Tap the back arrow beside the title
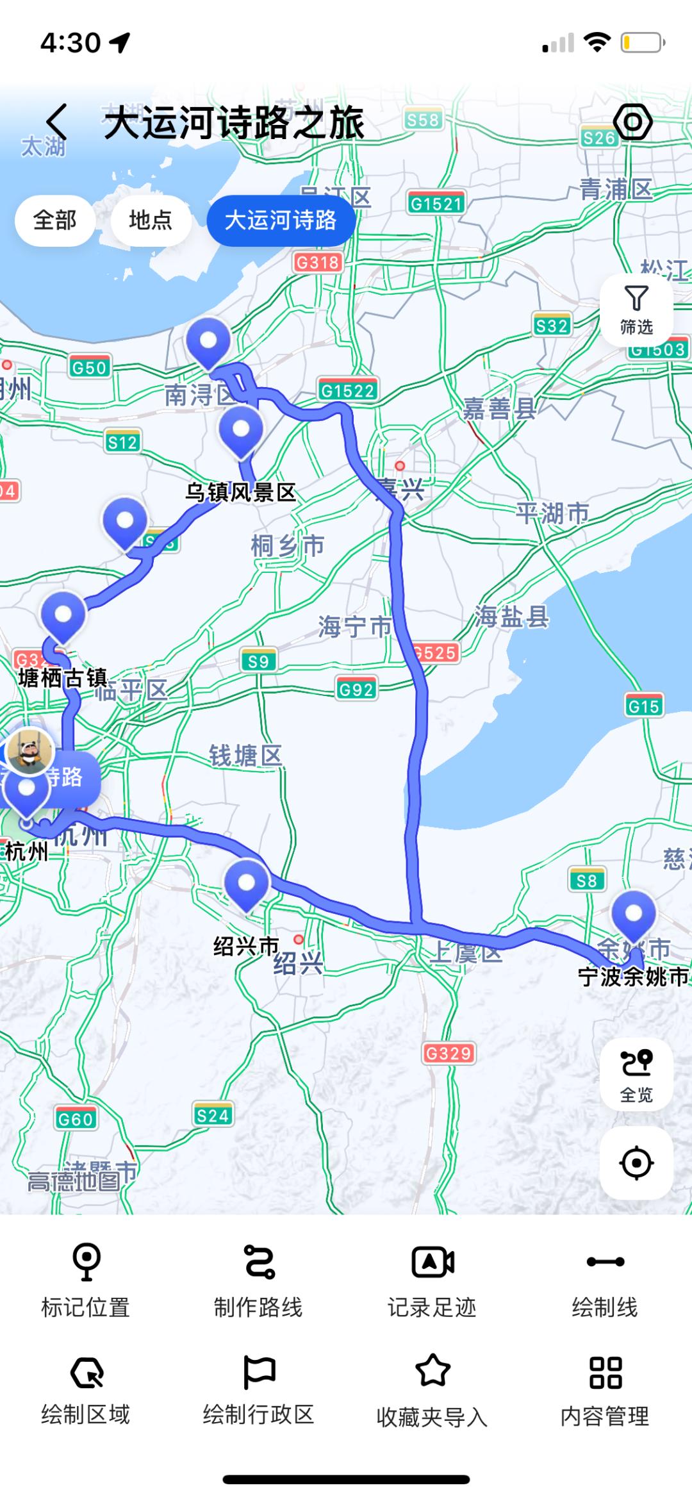pyautogui.click(x=56, y=122)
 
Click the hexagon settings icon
pyautogui.click(x=632, y=122)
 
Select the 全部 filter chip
pyautogui.click(x=55, y=220)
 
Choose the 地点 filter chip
pyautogui.click(x=151, y=220)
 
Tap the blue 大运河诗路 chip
pyautogui.click(x=281, y=220)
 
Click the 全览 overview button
pyautogui.click(x=636, y=1075)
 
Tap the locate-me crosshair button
pyautogui.click(x=636, y=1163)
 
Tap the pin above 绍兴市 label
pyautogui.click(x=247, y=885)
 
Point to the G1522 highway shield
pyautogui.click(x=348, y=390)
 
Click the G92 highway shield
pyautogui.click(x=356, y=690)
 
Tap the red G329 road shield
pyautogui.click(x=449, y=1053)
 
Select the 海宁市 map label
pyautogui.click(x=354, y=626)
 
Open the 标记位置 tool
pyautogui.click(x=86, y=1279)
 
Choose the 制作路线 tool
pyautogui.click(x=258, y=1279)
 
